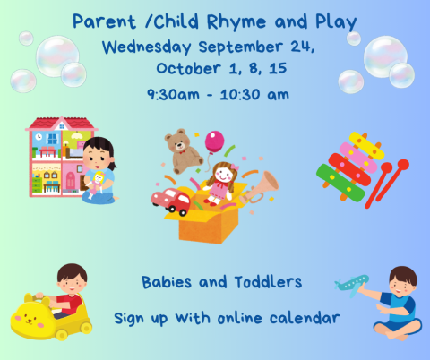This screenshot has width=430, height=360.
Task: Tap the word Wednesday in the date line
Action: click(x=143, y=44)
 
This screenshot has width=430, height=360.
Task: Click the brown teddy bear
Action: click(x=183, y=150)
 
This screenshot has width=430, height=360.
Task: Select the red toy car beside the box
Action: click(x=169, y=201)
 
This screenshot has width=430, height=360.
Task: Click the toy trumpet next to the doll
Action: click(x=262, y=185)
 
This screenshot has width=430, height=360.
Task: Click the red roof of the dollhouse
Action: click(x=58, y=124)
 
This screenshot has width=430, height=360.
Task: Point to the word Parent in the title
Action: click(x=99, y=21)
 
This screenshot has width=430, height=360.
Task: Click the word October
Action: click(x=185, y=68)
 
